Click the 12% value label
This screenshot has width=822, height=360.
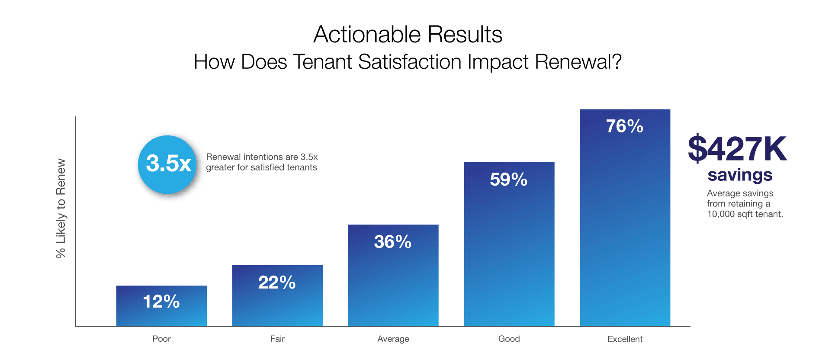point(161,302)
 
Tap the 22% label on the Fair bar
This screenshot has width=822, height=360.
point(277,283)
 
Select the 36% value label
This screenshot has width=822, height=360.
point(393,242)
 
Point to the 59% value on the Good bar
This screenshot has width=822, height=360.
point(509,180)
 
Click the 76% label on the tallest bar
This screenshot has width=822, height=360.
point(625,126)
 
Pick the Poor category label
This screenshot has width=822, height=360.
point(161,339)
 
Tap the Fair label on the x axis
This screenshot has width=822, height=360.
point(277,339)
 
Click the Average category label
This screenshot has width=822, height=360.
point(393,339)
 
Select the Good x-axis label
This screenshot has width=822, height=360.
point(509,339)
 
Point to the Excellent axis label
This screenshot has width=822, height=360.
point(625,339)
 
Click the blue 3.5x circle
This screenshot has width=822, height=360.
point(168,164)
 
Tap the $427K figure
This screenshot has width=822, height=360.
point(737,149)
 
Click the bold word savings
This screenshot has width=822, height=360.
point(740,175)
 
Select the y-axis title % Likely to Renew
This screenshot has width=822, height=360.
point(61,209)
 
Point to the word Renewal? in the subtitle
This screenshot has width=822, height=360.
point(578,62)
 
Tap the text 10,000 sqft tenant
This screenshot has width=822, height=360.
point(745,214)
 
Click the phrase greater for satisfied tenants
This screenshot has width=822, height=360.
point(261,167)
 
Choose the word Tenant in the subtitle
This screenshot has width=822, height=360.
point(322,62)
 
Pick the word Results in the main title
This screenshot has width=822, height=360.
point(465,35)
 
